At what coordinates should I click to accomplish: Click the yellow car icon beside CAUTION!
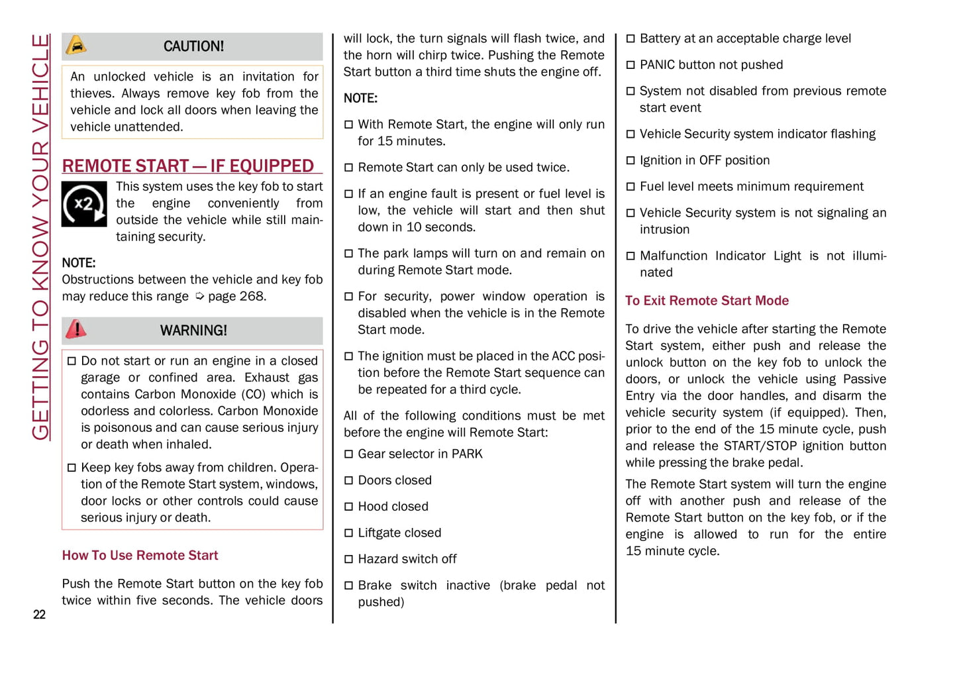pos(76,45)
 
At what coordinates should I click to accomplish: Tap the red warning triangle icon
pos(76,329)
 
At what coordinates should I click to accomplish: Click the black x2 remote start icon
pos(84,204)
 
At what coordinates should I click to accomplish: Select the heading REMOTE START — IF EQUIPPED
pos(188,166)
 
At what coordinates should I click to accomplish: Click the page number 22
pos(40,615)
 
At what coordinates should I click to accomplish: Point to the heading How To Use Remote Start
pos(140,555)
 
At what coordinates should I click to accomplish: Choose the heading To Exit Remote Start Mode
pos(707,301)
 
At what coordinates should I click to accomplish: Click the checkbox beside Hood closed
pos(348,507)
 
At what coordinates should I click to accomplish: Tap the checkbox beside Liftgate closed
pos(348,533)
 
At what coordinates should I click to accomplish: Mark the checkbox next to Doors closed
pos(348,480)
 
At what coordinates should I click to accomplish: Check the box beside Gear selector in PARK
pos(348,454)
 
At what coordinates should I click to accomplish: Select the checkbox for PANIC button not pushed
pos(630,65)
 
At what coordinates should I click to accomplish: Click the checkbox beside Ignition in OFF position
pos(630,160)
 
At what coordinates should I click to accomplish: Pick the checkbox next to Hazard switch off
pos(348,559)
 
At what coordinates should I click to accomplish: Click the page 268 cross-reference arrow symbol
pos(199,297)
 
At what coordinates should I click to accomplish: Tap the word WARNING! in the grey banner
pos(193,331)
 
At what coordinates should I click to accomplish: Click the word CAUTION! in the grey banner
pos(193,46)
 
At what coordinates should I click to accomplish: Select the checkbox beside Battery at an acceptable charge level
pos(630,39)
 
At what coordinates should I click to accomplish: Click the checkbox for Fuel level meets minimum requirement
pos(630,187)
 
